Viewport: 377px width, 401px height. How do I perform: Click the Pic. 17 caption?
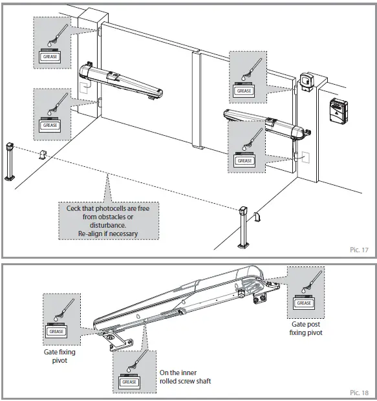359,250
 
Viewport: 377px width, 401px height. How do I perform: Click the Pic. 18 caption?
359,393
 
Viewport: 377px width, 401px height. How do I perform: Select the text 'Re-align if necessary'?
108,233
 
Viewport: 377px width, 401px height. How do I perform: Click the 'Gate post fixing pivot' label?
306,329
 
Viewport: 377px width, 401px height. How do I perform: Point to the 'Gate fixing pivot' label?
59,356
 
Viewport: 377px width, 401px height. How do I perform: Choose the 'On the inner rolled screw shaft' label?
185,376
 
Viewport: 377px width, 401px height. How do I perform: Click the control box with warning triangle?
338,111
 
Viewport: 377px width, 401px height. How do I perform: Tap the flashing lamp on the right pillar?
307,82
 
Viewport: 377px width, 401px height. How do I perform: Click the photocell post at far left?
10,162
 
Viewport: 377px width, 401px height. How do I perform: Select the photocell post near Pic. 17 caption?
243,228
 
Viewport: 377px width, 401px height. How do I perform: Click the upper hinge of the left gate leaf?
99,32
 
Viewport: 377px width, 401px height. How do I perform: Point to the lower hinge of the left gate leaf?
100,103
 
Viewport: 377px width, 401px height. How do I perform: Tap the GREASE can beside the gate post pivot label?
303,302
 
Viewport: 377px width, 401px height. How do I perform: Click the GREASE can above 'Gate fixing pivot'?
56,331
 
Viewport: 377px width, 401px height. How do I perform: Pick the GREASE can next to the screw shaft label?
129,382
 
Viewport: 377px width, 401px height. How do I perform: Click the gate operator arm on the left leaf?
121,82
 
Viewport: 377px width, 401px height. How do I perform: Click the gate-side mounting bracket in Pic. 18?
118,342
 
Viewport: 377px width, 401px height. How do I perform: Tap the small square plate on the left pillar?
83,88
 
